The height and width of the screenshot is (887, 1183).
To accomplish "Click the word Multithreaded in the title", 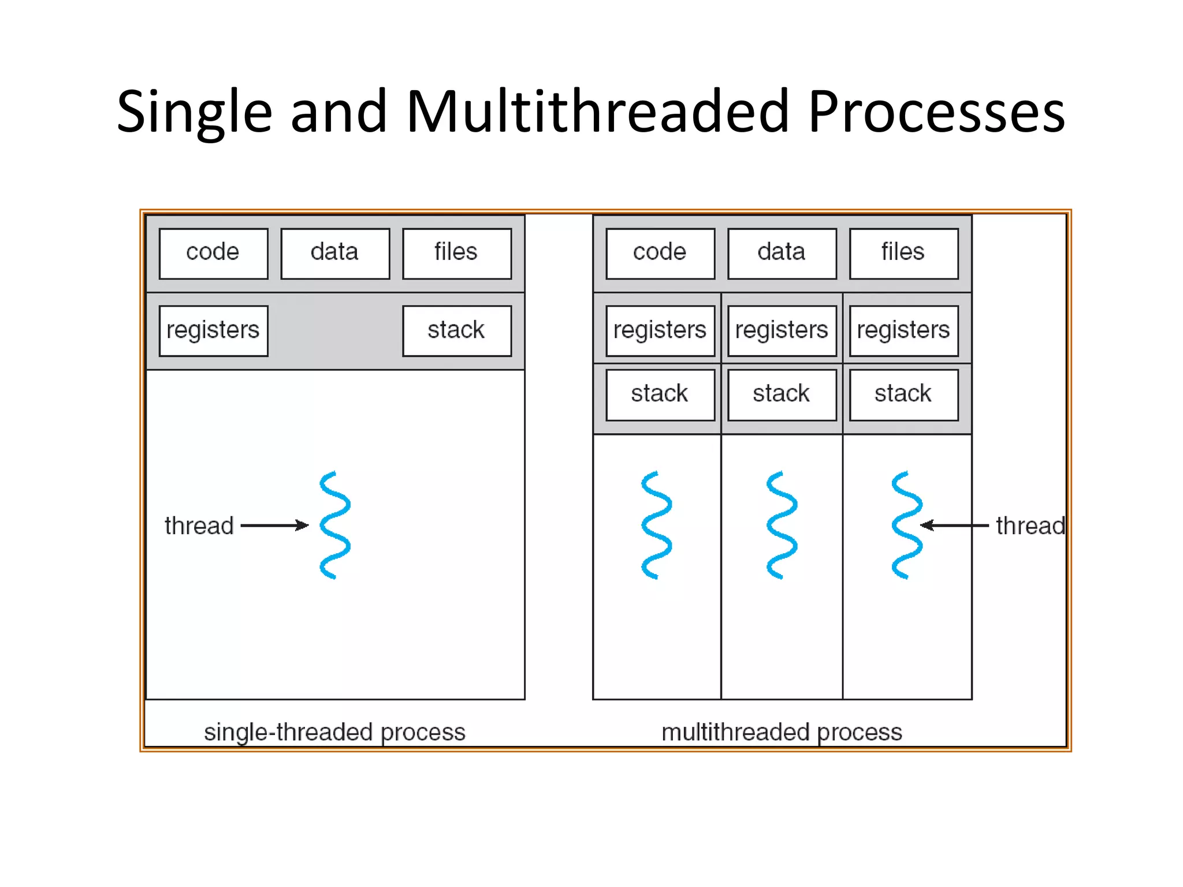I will tap(597, 112).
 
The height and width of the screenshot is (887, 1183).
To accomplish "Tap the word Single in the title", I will tap(194, 112).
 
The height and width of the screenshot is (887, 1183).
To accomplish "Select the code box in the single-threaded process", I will tap(213, 254).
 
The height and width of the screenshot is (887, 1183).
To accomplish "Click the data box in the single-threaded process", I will tap(335, 254).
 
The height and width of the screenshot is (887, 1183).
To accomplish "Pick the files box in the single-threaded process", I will tap(457, 254).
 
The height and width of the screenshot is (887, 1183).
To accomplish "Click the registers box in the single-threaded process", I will tap(213, 331).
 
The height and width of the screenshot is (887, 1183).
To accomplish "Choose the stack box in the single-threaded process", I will tap(457, 331).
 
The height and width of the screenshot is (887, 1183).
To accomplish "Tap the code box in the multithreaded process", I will tap(660, 254).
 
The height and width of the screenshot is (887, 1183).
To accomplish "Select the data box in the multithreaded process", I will tap(782, 254).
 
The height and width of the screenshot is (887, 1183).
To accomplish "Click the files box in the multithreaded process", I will tap(903, 254).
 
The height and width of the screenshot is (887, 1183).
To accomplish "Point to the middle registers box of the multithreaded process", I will tap(782, 331).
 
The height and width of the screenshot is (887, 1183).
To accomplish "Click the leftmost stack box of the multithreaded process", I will tap(660, 395).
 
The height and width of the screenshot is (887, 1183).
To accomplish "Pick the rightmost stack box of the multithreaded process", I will tap(903, 395).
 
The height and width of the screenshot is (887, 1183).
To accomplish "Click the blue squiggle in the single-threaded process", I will tap(335, 525).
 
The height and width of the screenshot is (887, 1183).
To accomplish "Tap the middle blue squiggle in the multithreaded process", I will tap(782, 525).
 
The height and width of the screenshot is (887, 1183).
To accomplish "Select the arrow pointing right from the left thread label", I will tap(274, 525).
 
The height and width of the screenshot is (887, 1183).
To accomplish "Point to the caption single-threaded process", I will tap(334, 732).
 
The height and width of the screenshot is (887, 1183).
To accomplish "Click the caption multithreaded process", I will tap(782, 732).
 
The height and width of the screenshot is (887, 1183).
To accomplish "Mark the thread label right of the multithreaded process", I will tap(1030, 526).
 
